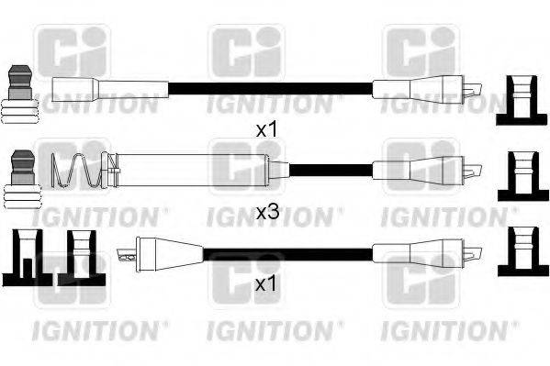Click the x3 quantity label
click(266, 212)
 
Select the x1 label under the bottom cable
click(265, 285)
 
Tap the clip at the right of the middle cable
click(520, 175)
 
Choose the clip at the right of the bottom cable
click(520, 252)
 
